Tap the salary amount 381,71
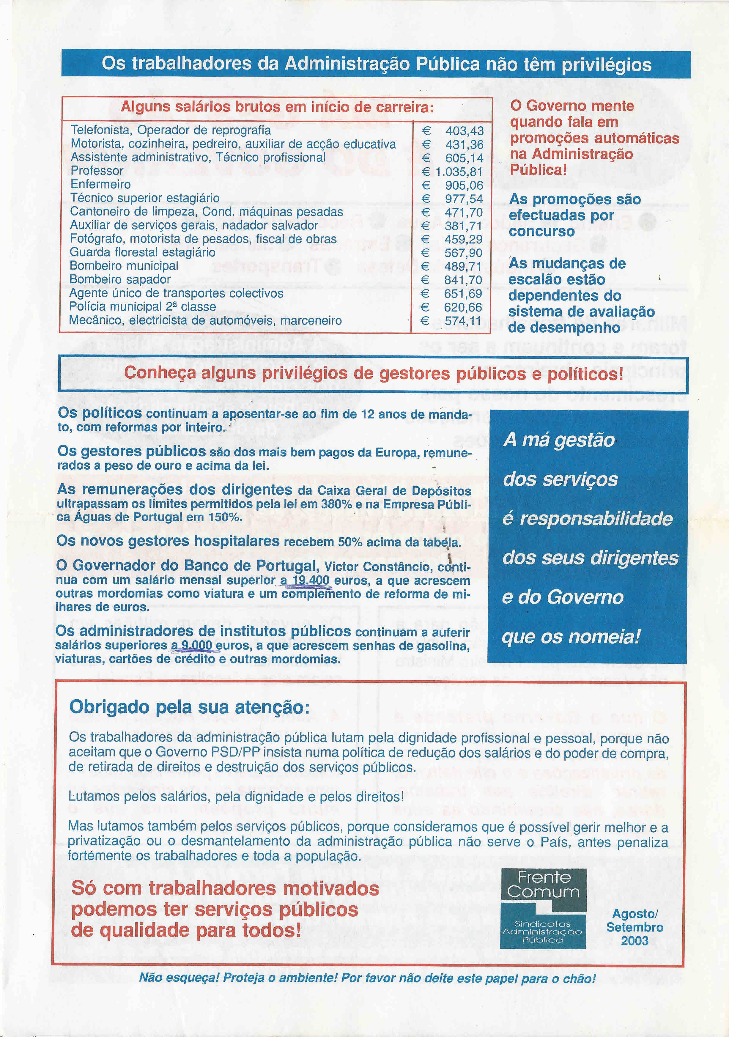click(x=463, y=226)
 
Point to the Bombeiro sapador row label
click(x=120, y=280)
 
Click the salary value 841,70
click(x=463, y=280)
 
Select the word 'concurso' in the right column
click(x=541, y=231)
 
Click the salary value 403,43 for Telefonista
click(x=464, y=131)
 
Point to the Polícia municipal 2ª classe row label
click(x=142, y=307)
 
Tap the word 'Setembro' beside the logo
click(x=634, y=927)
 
